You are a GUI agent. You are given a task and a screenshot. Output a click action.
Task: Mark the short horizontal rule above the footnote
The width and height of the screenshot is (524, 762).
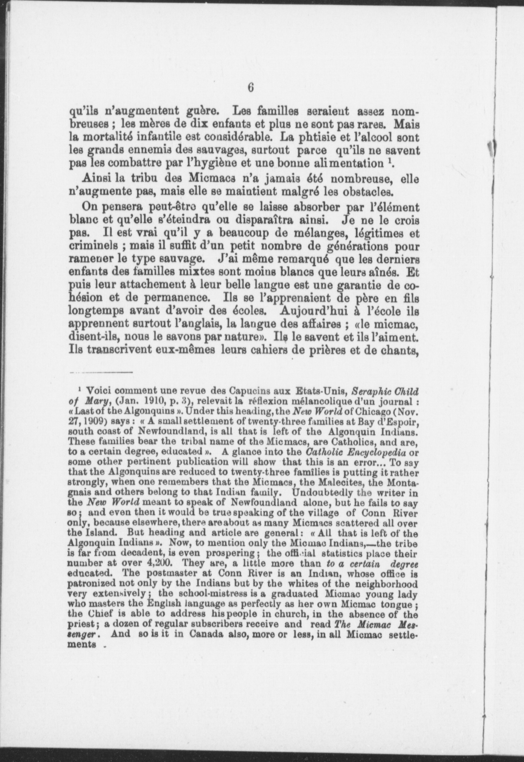click(x=101, y=372)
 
